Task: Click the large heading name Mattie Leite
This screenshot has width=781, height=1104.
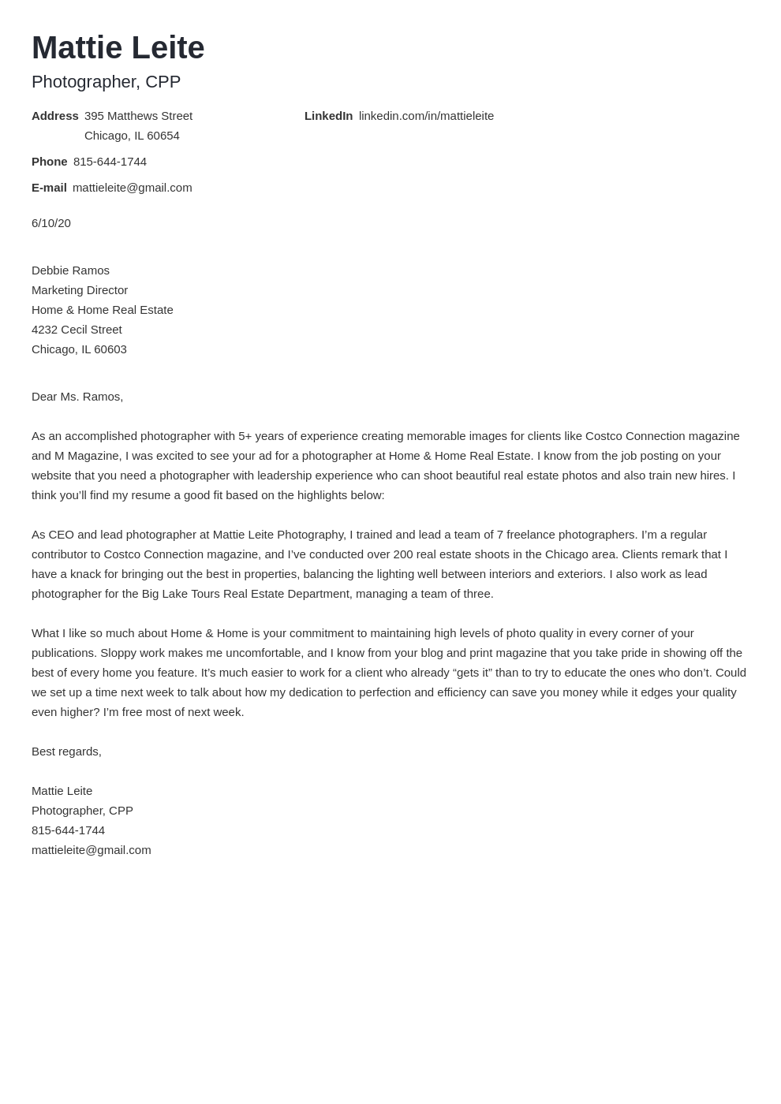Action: pyautogui.click(x=118, y=48)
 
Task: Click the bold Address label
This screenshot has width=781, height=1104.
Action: pyautogui.click(x=55, y=116)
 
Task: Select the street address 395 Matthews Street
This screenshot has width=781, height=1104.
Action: pyautogui.click(x=138, y=116)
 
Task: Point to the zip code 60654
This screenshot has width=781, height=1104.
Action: pyautogui.click(x=163, y=136)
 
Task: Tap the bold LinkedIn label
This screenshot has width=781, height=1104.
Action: pyautogui.click(x=328, y=116)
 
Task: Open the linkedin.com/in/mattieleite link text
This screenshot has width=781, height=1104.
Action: pyautogui.click(x=426, y=116)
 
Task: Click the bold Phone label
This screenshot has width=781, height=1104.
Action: pyautogui.click(x=50, y=162)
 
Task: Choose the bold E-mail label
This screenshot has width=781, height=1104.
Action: pyautogui.click(x=49, y=188)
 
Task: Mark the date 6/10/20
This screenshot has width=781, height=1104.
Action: pyautogui.click(x=51, y=223)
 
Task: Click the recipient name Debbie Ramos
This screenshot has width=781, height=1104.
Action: pyautogui.click(x=70, y=270)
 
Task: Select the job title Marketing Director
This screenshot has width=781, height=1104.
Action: pyautogui.click(x=80, y=290)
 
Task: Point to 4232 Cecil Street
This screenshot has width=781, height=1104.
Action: pyautogui.click(x=77, y=330)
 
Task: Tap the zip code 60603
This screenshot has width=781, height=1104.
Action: pyautogui.click(x=110, y=349)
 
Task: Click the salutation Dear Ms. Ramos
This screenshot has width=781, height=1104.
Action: pyautogui.click(x=77, y=397)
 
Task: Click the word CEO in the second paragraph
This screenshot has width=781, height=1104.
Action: pyautogui.click(x=61, y=535)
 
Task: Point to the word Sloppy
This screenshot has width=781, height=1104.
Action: pyautogui.click(x=119, y=653)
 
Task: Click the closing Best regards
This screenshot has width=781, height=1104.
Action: pyautogui.click(x=66, y=752)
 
